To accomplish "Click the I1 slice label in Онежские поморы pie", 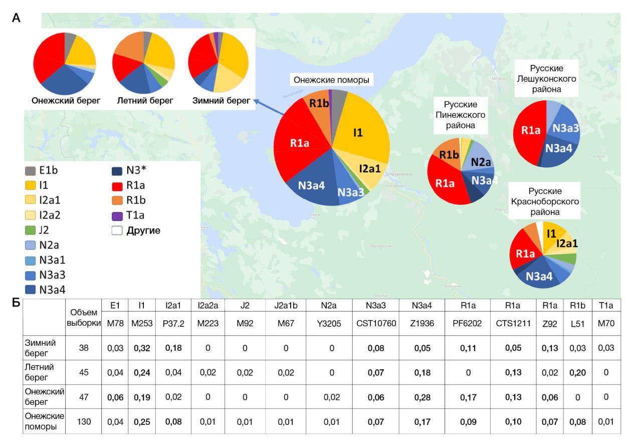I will (x=357, y=133).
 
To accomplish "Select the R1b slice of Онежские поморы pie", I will (x=318, y=105).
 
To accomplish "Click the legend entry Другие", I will (x=143, y=231).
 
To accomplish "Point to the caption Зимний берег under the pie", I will (x=221, y=101).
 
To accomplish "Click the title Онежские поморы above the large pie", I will (x=331, y=79).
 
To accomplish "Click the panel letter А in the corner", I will (x=17, y=18).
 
